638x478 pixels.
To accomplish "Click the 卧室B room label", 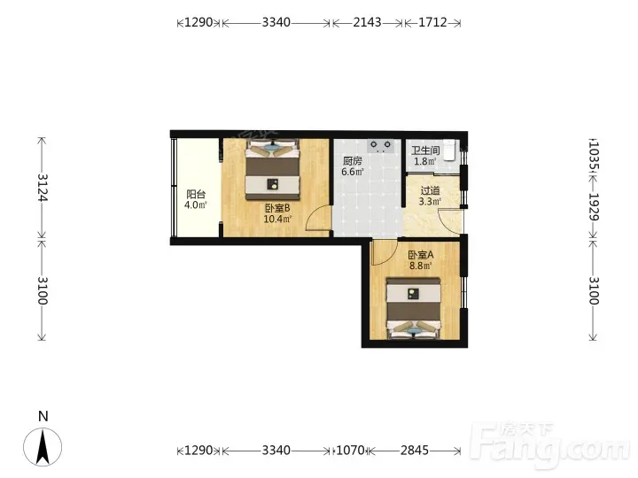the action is [277, 209].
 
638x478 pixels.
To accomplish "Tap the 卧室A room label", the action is [421, 255].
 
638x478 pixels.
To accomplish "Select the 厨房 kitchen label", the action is [353, 161].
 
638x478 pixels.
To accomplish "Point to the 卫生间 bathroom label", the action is [425, 150].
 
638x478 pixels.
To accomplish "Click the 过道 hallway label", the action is [430, 190].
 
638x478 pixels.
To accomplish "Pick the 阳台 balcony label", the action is [196, 194].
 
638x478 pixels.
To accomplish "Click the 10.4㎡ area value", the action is [277, 220].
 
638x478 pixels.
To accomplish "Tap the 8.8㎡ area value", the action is [421, 266].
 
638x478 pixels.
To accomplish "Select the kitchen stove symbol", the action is [381, 146].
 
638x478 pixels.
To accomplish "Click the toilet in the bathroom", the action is [449, 150].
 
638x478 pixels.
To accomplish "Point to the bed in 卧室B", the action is [273, 169].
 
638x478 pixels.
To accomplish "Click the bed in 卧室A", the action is [414, 308].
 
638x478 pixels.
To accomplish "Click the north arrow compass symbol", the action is [43, 447].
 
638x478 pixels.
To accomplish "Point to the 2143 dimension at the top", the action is [368, 22].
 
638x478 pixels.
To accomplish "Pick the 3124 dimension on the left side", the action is [43, 188].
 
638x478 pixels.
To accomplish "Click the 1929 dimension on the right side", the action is [594, 206].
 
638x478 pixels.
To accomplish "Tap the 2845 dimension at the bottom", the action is [415, 451].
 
